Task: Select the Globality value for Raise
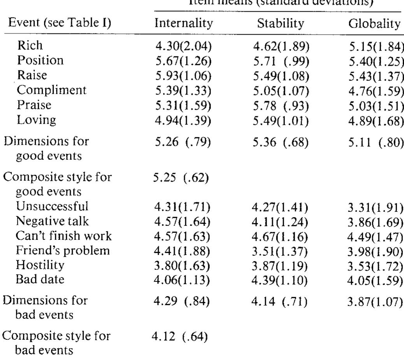[375, 77]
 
